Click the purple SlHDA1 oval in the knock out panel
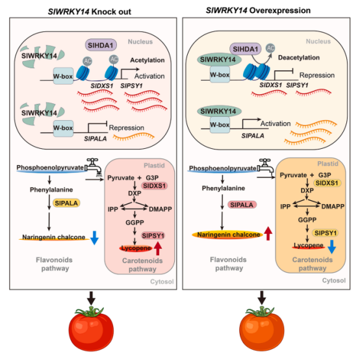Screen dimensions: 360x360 pyautogui.click(x=101, y=45)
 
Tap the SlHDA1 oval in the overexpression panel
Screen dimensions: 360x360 pyautogui.click(x=246, y=49)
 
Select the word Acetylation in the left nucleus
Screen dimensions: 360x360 pyautogui.click(x=148, y=60)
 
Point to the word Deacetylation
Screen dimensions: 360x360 pyautogui.click(x=299, y=58)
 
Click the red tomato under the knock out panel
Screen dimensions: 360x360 pyautogui.click(x=91, y=328)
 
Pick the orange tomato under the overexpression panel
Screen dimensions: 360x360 pyautogui.click(x=262, y=328)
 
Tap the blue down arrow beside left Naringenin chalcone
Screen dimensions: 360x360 pyautogui.click(x=94, y=238)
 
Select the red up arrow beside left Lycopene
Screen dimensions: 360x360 pyautogui.click(x=158, y=248)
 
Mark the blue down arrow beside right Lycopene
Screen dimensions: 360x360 pyautogui.click(x=332, y=247)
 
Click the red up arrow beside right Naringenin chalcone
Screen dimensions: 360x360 pyautogui.click(x=268, y=233)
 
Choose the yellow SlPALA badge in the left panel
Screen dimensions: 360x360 pyautogui.click(x=66, y=203)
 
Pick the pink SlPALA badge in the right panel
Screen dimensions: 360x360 pyautogui.click(x=242, y=205)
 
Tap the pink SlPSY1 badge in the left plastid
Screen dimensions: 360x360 pyautogui.click(x=153, y=236)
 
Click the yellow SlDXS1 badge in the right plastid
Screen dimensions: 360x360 pyautogui.click(x=327, y=183)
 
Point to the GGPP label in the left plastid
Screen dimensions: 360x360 pyautogui.click(x=135, y=222)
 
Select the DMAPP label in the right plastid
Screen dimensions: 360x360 pyautogui.click(x=333, y=207)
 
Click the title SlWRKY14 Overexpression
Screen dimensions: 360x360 pyautogui.click(x=258, y=10)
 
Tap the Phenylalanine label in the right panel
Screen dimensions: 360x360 pyautogui.click(x=224, y=188)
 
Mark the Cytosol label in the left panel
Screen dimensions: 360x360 pyautogui.click(x=162, y=281)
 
